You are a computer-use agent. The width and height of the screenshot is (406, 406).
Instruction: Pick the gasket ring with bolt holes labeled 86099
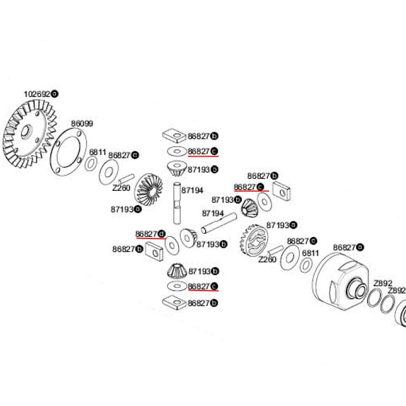click(68, 152)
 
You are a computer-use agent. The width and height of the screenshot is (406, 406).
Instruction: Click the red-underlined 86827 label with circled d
click(149, 234)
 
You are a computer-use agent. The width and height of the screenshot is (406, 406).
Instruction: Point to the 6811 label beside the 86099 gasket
click(97, 152)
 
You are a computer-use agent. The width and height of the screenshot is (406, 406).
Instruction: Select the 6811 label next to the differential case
click(310, 253)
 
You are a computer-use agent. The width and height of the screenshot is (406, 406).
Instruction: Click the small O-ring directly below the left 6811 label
click(91, 164)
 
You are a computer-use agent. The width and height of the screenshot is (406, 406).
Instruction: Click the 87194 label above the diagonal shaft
click(213, 213)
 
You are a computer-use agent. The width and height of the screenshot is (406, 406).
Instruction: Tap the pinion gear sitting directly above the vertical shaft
click(176, 169)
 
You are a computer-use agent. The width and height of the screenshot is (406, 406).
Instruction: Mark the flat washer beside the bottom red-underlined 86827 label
click(176, 286)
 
